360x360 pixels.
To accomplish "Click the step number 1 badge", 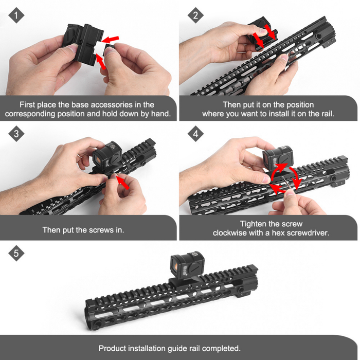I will [x=17, y=15].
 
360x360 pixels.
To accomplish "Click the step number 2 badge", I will [x=195, y=15].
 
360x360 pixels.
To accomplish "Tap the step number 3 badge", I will [x=17, y=135].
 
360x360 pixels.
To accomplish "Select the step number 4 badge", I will [x=195, y=135].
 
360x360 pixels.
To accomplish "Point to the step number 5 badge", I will [x=17, y=254].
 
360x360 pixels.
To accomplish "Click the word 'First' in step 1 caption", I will [x=28, y=104].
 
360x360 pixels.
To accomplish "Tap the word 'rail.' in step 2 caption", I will [x=325, y=114].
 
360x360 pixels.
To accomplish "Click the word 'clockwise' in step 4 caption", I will [x=230, y=233].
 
